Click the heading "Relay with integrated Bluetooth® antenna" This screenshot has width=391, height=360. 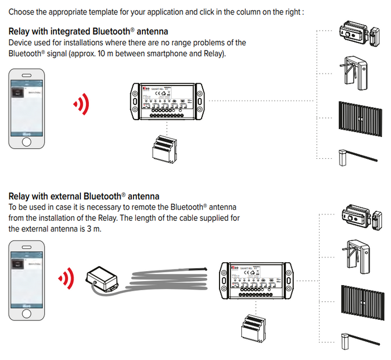click(x=88, y=31)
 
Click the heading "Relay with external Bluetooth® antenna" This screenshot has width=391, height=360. click(x=84, y=196)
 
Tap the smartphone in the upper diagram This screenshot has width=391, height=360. click(x=27, y=109)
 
